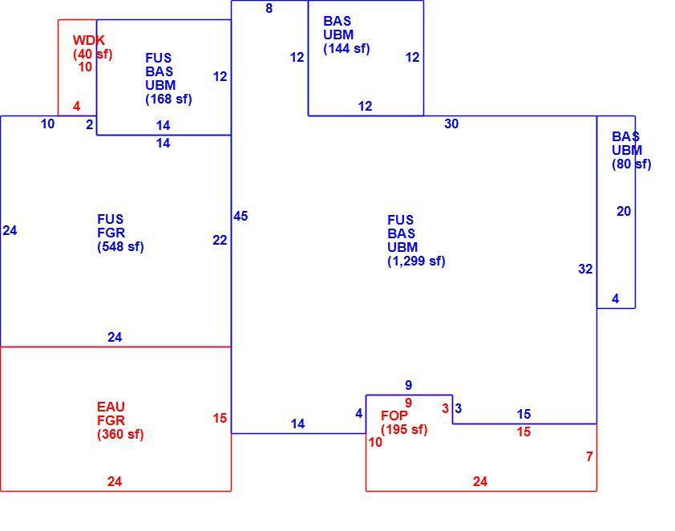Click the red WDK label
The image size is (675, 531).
tap(89, 40)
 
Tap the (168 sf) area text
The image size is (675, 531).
tap(168, 99)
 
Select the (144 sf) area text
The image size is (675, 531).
tap(346, 49)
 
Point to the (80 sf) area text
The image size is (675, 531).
tap(631, 164)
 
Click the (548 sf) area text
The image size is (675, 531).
tap(120, 247)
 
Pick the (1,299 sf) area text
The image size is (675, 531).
tap(416, 261)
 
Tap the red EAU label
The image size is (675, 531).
tap(111, 407)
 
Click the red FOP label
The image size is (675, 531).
tap(394, 415)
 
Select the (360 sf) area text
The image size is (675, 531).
tap(120, 434)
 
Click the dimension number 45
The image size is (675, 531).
tap(240, 217)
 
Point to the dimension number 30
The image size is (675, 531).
tap(451, 124)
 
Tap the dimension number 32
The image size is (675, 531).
tap(585, 270)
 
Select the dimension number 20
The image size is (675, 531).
tap(624, 212)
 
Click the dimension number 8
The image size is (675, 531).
tap(269, 8)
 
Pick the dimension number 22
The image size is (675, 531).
tap(220, 241)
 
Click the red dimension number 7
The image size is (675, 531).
tap(589, 456)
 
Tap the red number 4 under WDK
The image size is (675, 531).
tap(77, 107)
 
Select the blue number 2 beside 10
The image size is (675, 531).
tap(90, 124)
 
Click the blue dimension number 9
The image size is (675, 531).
tap(409, 385)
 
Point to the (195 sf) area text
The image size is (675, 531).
tap(404, 429)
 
